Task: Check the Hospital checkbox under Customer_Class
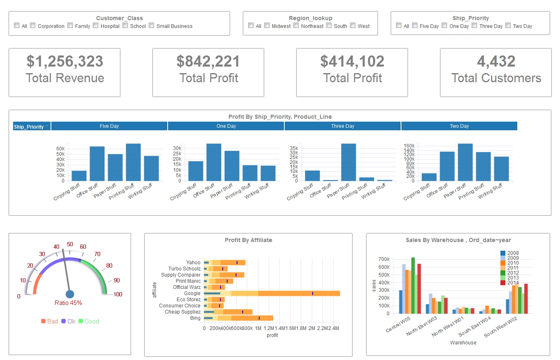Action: coord(96,25)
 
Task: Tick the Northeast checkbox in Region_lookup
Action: coord(296,25)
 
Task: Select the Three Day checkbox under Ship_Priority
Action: coord(475,25)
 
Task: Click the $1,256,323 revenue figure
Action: coord(65,61)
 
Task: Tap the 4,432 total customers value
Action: coord(496,61)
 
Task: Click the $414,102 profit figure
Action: coord(352,61)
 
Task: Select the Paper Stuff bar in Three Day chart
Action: coord(348,162)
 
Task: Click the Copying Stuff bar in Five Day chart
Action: coord(79,175)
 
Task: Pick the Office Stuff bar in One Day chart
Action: coord(214,162)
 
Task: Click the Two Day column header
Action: coord(459,126)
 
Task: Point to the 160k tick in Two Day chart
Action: coord(411,146)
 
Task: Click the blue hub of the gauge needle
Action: coord(70,294)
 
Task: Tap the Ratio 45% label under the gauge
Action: coord(68,303)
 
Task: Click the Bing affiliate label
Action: coord(195,318)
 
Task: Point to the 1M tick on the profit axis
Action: coord(258,328)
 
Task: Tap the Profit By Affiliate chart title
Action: coord(248,240)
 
